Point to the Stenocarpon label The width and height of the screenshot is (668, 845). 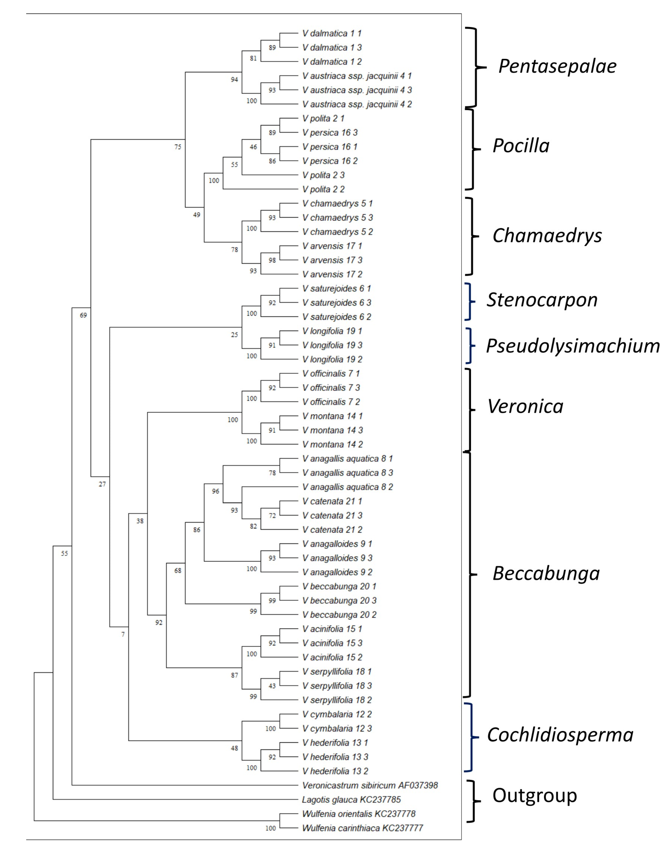pyautogui.click(x=542, y=300)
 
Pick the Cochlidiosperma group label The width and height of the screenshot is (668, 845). pyautogui.click(x=560, y=735)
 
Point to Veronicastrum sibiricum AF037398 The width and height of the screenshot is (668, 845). pyautogui.click(x=370, y=785)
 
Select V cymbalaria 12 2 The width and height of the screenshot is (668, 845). pyautogui.click(x=337, y=714)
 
